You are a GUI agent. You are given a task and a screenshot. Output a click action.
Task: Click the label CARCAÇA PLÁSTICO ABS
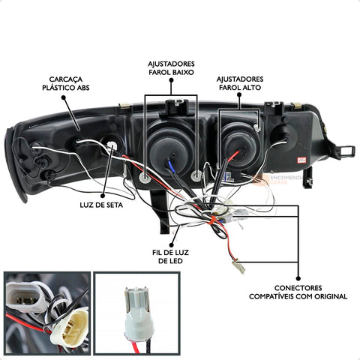(x=66, y=83)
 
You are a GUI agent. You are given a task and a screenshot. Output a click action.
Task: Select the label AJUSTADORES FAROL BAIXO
(x=171, y=68)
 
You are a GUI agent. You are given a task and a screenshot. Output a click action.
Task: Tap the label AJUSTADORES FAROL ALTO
(x=240, y=83)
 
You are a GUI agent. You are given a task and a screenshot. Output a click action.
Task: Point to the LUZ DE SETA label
(x=101, y=205)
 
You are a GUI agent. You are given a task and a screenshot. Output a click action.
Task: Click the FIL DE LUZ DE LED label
(x=170, y=256)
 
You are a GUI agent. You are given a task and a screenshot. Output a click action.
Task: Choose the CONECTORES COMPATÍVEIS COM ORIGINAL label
(x=298, y=292)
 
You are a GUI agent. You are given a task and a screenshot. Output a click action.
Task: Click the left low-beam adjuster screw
(x=144, y=177)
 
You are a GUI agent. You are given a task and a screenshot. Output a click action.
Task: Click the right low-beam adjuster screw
(x=196, y=175)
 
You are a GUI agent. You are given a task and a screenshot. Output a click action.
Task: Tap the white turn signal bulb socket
(x=112, y=145)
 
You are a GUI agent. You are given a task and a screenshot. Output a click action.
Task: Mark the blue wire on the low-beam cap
(x=171, y=164)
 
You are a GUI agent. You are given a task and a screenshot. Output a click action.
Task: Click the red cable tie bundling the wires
(x=212, y=220)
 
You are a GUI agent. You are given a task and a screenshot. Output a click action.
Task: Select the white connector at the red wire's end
(x=238, y=266)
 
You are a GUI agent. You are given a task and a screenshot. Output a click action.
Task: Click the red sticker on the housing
(x=301, y=160)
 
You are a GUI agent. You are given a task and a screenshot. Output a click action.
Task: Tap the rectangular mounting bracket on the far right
(x=347, y=151)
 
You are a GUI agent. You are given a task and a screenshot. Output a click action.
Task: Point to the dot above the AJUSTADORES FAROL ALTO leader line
(x=239, y=94)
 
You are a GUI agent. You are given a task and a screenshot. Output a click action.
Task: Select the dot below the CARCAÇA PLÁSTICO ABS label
(x=63, y=97)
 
